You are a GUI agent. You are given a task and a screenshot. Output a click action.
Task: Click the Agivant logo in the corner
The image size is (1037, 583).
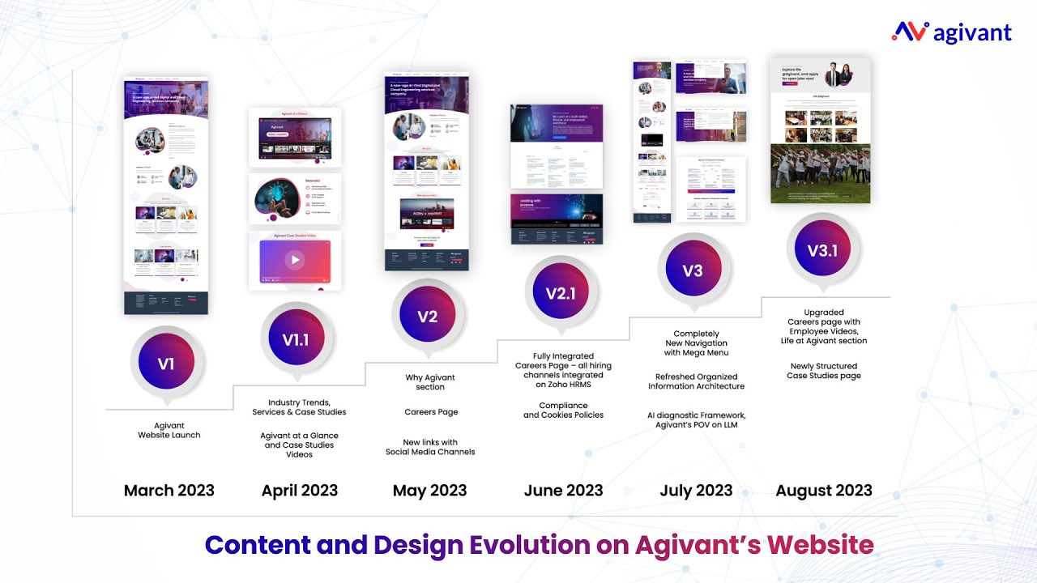click(952, 32)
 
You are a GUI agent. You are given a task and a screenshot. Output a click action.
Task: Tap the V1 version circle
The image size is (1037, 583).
click(166, 364)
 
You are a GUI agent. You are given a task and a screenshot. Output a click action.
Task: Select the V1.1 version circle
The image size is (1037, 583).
click(296, 340)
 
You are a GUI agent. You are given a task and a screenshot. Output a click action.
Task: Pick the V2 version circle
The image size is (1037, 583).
click(427, 317)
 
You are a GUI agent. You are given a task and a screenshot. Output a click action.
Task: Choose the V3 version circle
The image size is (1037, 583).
click(693, 271)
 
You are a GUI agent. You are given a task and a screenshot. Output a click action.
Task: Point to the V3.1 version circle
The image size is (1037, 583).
click(822, 249)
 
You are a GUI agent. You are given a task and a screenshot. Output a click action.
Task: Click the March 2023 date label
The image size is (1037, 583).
click(169, 491)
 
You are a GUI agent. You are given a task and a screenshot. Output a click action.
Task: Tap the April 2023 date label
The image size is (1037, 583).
click(300, 491)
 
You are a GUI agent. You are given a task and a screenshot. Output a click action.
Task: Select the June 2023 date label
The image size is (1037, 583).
click(563, 491)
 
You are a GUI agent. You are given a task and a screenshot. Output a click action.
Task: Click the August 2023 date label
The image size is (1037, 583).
click(824, 491)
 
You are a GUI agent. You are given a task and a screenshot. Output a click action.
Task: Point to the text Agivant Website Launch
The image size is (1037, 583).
click(169, 430)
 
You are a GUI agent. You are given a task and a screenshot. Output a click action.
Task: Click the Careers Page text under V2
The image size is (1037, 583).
click(431, 412)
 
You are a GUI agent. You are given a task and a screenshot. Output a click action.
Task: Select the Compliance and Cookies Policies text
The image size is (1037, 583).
click(563, 411)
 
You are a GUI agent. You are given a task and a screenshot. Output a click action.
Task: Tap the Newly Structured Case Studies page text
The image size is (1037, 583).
click(824, 371)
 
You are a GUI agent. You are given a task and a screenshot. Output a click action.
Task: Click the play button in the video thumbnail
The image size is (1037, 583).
click(295, 260)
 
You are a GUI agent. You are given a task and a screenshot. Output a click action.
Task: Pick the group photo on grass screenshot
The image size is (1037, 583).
click(820, 173)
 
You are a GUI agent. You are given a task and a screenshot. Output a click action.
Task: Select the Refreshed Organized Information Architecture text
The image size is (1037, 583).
click(696, 381)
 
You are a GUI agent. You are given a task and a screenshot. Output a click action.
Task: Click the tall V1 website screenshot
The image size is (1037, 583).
click(166, 194)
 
